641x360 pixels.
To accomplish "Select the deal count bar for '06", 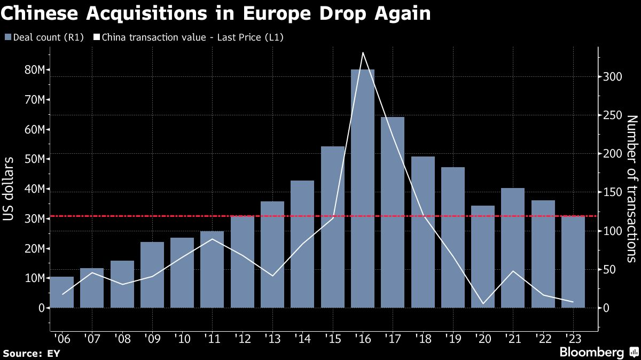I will [61, 292].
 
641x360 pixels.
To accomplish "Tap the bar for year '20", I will [483, 257].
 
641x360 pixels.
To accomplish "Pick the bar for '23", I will [573, 262].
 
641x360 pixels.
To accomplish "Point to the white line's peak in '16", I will [363, 52].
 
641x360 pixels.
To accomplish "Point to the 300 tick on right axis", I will [612, 77].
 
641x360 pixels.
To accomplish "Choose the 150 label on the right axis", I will [612, 192].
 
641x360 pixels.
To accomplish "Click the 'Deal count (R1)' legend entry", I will [44, 37].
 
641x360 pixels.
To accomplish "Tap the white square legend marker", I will [97, 37].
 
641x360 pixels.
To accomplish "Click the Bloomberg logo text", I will [591, 352].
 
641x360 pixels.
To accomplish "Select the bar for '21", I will [513, 248].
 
